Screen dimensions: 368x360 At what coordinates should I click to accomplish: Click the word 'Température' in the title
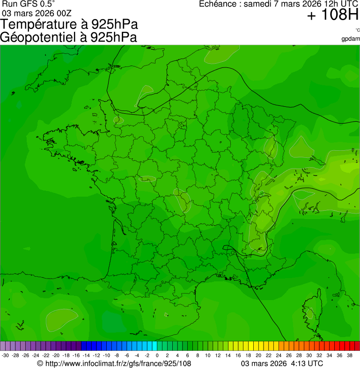41,24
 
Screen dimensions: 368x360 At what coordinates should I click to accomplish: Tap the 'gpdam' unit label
351,38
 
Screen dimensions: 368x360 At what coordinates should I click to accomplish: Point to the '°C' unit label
357,30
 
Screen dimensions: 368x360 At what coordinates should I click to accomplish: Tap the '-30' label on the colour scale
5,355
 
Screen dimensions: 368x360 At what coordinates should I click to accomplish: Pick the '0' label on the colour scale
157,355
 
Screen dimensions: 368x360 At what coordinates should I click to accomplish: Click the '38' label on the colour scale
349,355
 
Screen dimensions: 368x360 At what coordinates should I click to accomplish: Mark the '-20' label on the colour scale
56,355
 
